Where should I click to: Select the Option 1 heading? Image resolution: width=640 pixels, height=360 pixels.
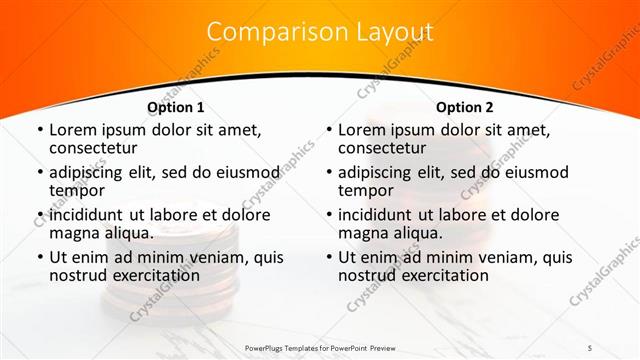pos(175,107)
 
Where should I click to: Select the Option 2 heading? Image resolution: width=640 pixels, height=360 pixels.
pos(465,107)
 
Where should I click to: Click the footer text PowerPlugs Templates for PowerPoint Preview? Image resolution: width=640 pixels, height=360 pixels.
pos(319,347)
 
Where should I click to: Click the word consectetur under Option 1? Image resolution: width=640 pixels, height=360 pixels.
pos(96,148)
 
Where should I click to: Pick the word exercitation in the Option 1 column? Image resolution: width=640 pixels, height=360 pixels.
pos(145,275)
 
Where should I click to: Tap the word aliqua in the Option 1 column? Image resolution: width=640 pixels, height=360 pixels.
pos(129,233)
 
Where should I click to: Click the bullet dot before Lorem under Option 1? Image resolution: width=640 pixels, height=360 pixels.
pos(38,130)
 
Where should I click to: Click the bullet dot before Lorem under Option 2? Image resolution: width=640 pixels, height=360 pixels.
pos(328,130)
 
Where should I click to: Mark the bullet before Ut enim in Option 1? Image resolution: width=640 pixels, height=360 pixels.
pos(38,257)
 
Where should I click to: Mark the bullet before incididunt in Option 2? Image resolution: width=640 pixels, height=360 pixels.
pos(328,215)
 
